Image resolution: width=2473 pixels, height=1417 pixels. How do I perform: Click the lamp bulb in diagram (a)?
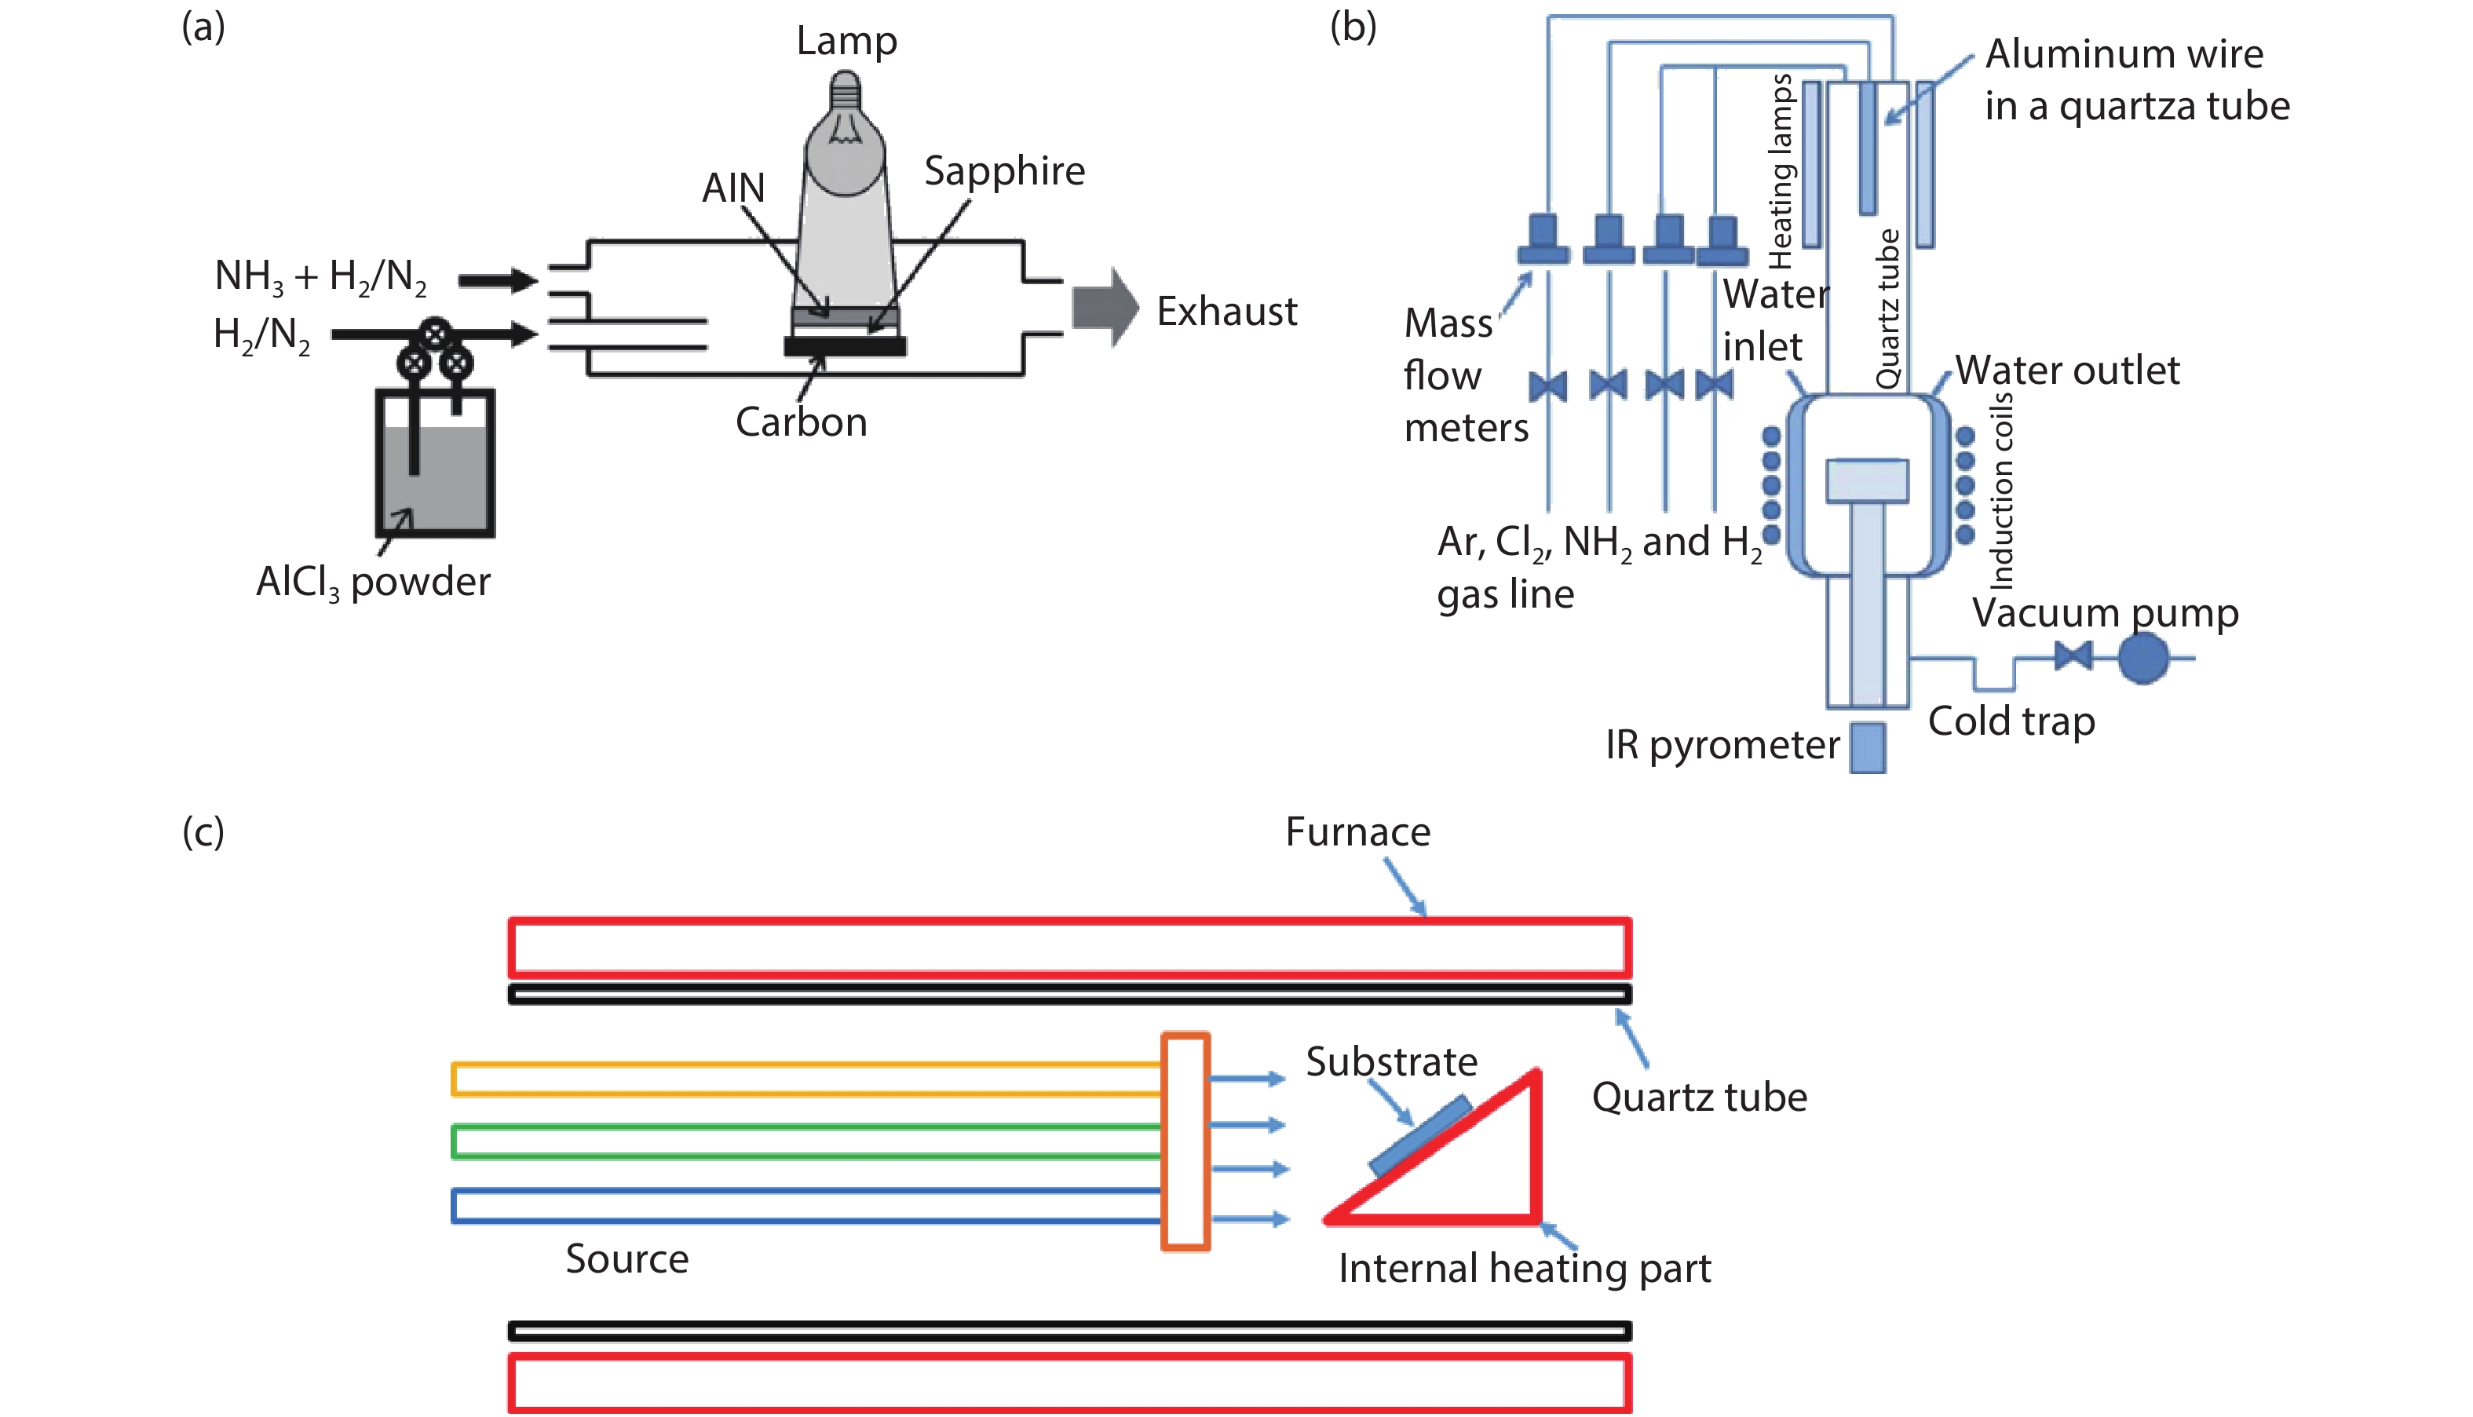click(845, 146)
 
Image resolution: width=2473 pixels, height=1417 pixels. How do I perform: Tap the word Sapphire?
click(1003, 171)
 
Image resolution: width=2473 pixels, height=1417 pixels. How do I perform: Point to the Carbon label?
click(800, 422)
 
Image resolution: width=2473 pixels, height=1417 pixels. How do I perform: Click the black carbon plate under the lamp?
click(845, 345)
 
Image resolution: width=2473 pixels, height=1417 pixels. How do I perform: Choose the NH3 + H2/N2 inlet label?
click(320, 276)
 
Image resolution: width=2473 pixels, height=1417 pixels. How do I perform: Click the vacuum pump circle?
click(2142, 659)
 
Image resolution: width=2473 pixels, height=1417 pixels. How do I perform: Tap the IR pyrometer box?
click(1867, 747)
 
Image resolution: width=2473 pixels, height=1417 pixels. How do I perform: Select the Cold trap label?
click(2011, 722)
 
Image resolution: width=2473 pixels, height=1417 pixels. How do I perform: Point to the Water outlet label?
click(2067, 371)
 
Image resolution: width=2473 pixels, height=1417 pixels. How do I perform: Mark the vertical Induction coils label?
click(2001, 491)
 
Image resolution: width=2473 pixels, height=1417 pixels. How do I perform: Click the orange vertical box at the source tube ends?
click(1185, 1141)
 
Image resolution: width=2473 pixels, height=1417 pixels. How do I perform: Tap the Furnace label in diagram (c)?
click(1357, 833)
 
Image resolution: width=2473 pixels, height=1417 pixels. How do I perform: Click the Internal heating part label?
click(1523, 1269)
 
